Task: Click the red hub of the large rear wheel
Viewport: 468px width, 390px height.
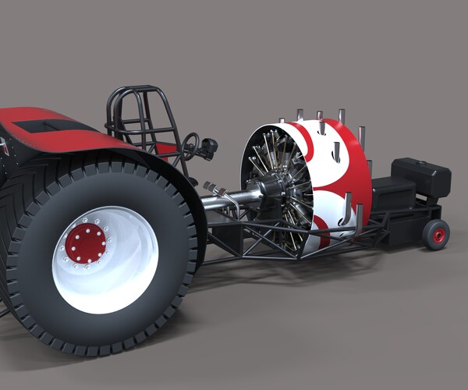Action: coord(86,243)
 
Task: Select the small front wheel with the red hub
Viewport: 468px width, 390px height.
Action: coord(436,234)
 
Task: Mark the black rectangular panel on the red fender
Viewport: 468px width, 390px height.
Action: coord(48,126)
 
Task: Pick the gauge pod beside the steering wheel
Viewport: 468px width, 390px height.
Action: coord(208,146)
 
